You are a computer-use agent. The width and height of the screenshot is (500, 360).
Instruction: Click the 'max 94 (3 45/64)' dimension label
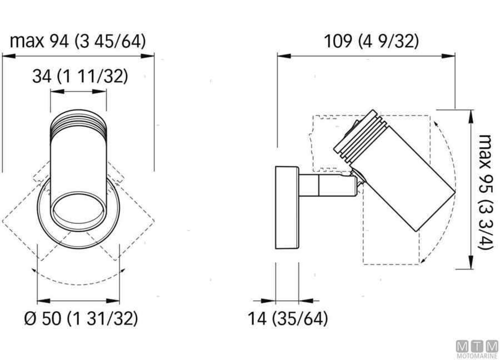pos(78,41)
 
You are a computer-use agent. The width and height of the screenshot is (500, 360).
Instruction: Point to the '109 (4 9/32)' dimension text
pos(371,41)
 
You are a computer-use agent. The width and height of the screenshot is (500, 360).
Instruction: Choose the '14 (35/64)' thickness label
pos(287,318)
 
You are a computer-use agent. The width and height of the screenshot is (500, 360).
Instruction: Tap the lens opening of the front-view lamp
pos(78,208)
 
